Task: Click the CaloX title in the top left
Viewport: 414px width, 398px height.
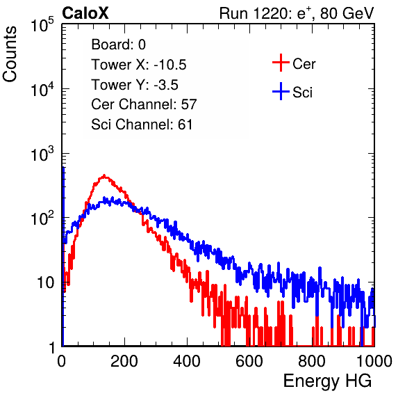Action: pyautogui.click(x=85, y=13)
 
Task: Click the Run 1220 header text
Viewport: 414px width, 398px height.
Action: pyautogui.click(x=297, y=13)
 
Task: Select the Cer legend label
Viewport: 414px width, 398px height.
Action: pyautogui.click(x=304, y=64)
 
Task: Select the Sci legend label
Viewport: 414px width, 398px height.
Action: pyautogui.click(x=303, y=93)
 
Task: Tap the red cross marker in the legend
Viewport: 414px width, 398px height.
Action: pyautogui.click(x=281, y=63)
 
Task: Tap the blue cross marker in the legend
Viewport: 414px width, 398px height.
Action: pyautogui.click(x=281, y=91)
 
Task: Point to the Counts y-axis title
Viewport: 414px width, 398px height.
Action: pyautogui.click(x=10, y=54)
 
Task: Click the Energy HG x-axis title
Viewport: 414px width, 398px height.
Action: pyautogui.click(x=327, y=381)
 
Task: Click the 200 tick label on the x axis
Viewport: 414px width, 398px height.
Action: pyautogui.click(x=124, y=361)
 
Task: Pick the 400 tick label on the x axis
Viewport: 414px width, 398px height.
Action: pyautogui.click(x=187, y=361)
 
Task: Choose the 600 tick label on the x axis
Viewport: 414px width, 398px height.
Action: pyautogui.click(x=249, y=361)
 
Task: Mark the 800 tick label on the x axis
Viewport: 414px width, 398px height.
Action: pyautogui.click(x=312, y=361)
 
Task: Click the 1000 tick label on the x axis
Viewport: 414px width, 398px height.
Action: pyautogui.click(x=374, y=361)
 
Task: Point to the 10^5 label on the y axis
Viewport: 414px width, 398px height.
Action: pyautogui.click(x=42, y=24)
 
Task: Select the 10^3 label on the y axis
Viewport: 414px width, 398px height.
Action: pyautogui.click(x=42, y=154)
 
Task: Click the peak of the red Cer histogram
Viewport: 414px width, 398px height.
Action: pyautogui.click(x=104, y=175)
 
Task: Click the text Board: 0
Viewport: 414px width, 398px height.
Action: pyautogui.click(x=119, y=45)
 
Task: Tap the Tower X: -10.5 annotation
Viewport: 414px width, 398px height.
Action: pyautogui.click(x=139, y=65)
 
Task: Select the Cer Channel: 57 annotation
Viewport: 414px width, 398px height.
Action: pyautogui.click(x=144, y=104)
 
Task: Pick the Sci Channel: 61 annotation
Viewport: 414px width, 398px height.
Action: pyautogui.click(x=142, y=125)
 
